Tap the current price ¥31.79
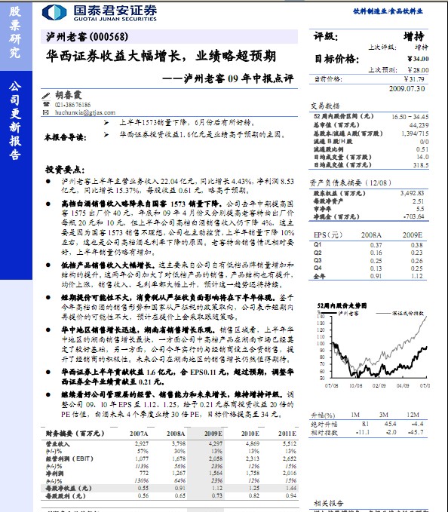[x=414, y=78]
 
